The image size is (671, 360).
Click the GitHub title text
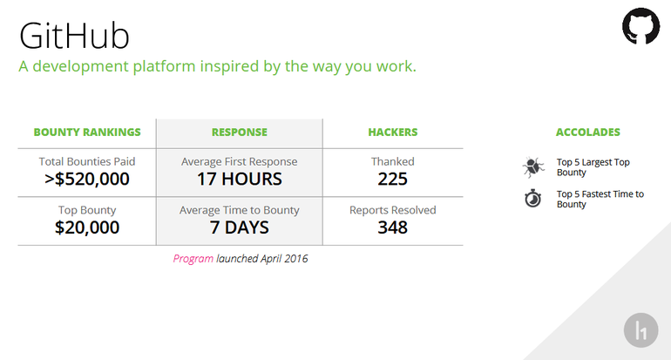74,37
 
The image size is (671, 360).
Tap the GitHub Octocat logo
640,26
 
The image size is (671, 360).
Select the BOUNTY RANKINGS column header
87,132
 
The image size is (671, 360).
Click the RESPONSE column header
240,132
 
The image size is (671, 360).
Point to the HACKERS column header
393,132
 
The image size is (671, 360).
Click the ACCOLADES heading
588,132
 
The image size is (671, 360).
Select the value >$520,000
87,179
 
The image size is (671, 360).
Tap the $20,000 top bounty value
87,228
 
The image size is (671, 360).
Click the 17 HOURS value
240,179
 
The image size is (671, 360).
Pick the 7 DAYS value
240,228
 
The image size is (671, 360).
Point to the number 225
392,179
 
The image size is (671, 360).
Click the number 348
392,228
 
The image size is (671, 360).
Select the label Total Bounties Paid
87,161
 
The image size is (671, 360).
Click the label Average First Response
240,161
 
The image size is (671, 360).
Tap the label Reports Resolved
393,210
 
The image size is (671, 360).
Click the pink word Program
193,259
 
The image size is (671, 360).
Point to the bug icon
533,167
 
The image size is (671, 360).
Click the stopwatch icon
533,198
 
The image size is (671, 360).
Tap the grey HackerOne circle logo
640,330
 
